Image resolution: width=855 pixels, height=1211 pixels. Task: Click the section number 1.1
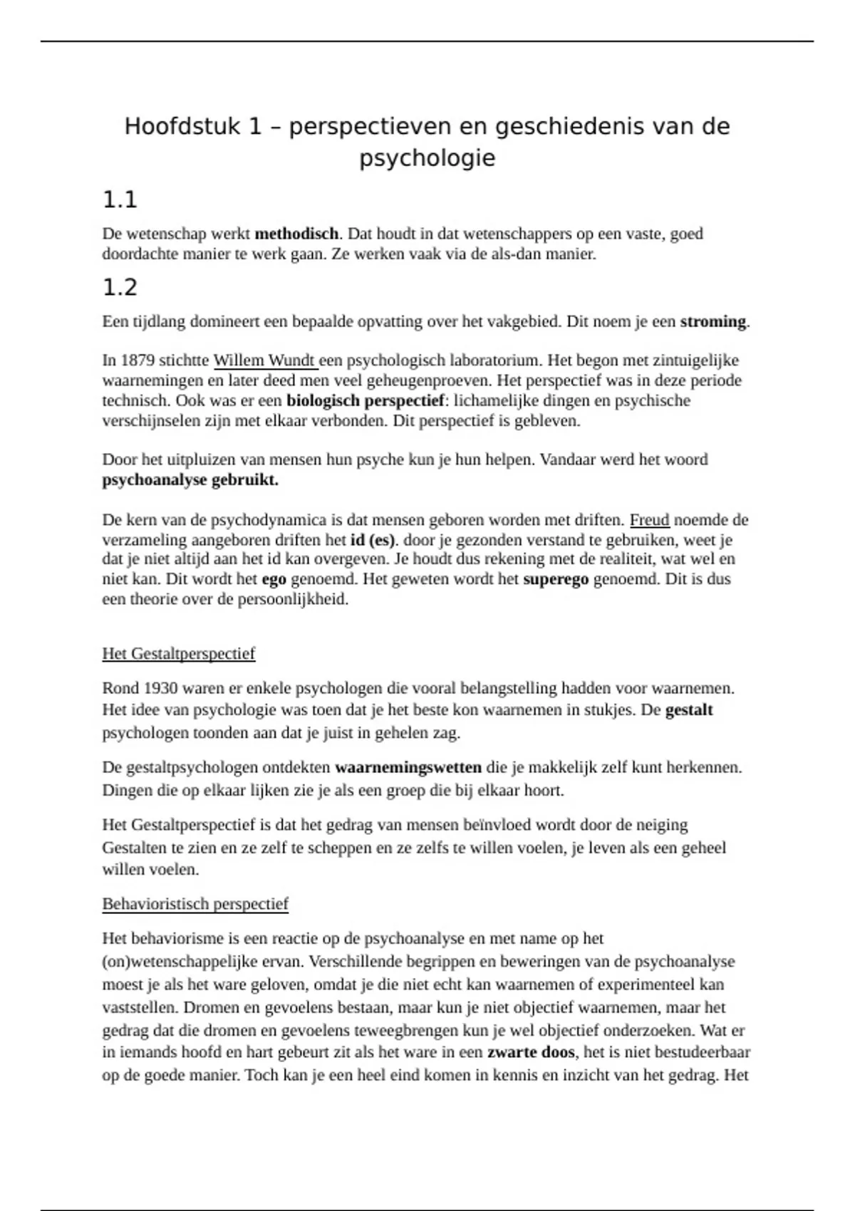[120, 200]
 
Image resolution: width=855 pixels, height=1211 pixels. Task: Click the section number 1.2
[120, 288]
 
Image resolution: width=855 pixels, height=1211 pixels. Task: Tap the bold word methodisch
[296, 234]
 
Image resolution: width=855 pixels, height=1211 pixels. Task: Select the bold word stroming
[712, 321]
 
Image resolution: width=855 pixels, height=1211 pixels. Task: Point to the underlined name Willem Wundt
[264, 360]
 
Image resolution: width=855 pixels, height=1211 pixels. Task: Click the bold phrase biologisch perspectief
[365, 400]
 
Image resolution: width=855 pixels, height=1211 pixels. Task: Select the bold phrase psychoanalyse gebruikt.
[190, 480]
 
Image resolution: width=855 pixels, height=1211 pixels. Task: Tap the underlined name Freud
[649, 520]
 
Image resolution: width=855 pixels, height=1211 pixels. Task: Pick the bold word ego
[274, 579]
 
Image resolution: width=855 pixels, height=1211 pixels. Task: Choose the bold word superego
[556, 579]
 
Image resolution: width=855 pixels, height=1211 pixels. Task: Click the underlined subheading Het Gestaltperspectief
[178, 653]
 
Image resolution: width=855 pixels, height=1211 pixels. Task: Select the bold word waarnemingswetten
[408, 768]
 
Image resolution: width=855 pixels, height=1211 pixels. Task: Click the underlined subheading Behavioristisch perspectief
[195, 904]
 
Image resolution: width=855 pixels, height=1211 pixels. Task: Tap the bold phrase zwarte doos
[531, 1052]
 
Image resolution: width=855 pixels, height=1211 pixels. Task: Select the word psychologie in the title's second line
[427, 157]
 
